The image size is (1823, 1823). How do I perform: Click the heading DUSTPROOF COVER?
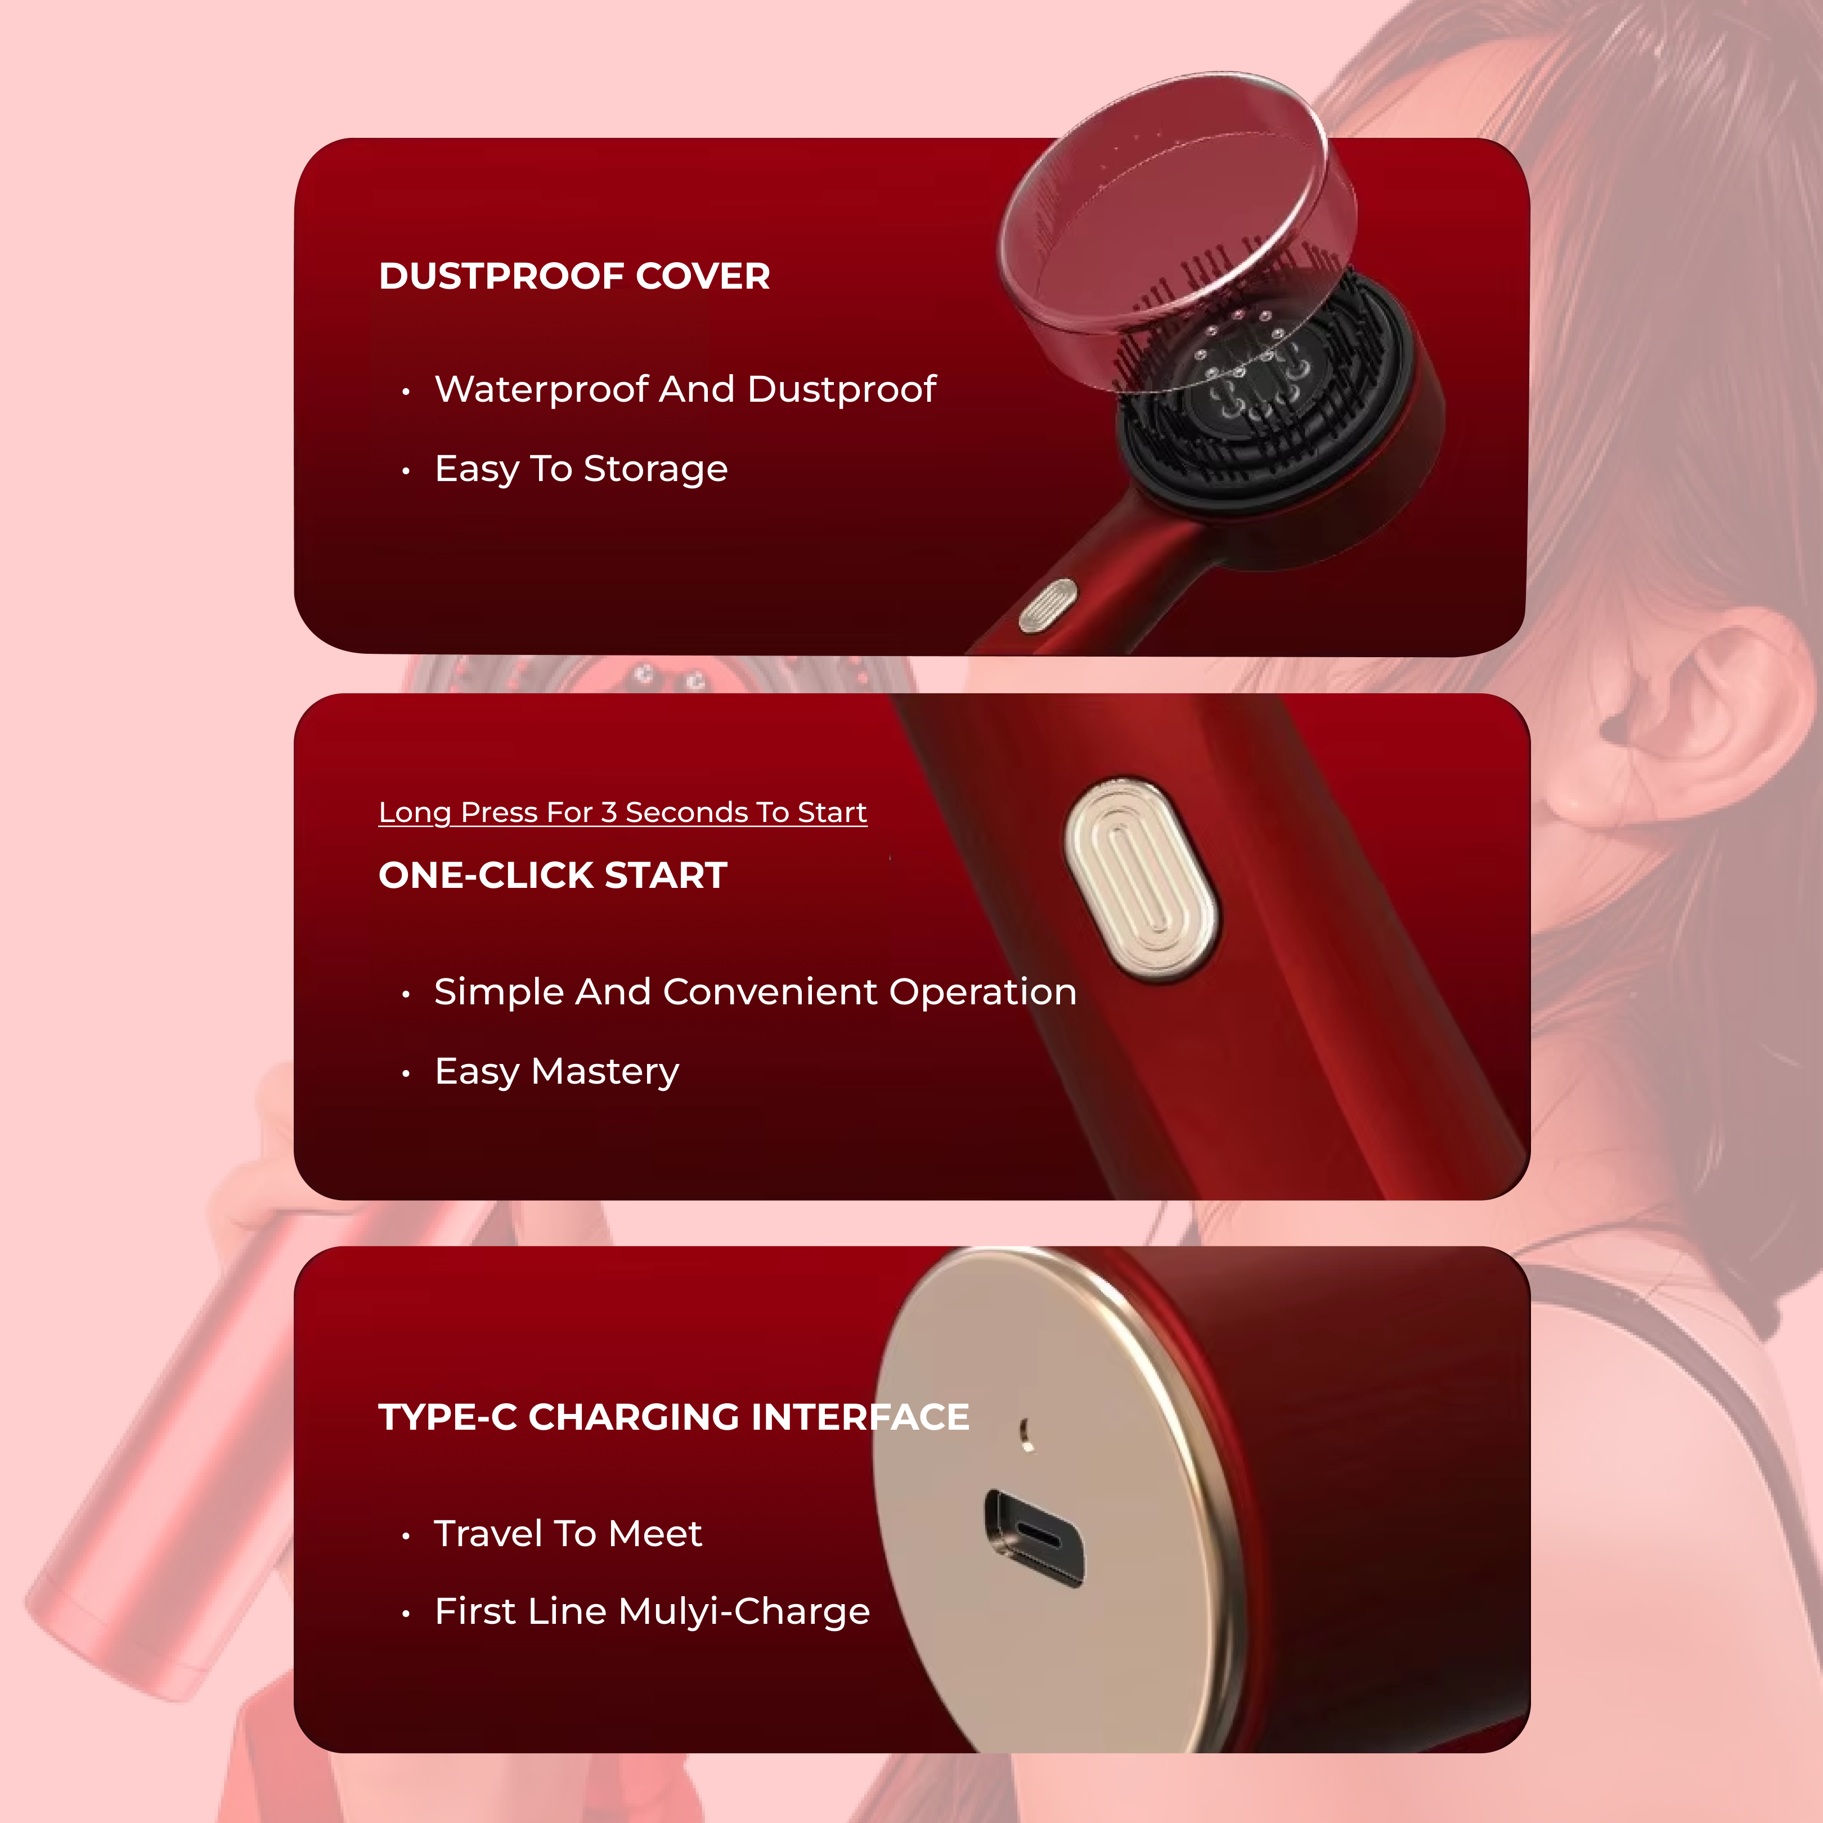pyautogui.click(x=574, y=276)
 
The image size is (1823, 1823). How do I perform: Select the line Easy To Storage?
pyautogui.click(x=581, y=469)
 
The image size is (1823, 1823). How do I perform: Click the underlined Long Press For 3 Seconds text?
pyautogui.click(x=623, y=812)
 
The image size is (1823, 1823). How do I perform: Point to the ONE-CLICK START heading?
pyautogui.click(x=553, y=875)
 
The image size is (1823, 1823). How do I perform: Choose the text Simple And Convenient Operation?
pyautogui.click(x=755, y=992)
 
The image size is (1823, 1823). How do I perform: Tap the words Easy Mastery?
pyautogui.click(x=556, y=1072)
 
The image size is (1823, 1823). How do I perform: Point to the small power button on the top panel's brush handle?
pyautogui.click(x=1047, y=606)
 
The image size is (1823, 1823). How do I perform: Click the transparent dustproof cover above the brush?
pyautogui.click(x=1178, y=226)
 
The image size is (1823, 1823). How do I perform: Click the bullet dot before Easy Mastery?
pyautogui.click(x=406, y=1074)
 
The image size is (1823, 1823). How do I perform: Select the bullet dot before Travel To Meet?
pyautogui.click(x=406, y=1536)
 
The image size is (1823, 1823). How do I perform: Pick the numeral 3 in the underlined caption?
pyautogui.click(x=609, y=812)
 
